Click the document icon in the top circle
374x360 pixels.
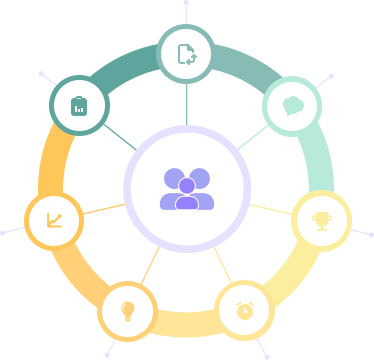[x=187, y=53]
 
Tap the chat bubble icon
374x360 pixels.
[x=292, y=105]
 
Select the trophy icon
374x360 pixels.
[x=321, y=220]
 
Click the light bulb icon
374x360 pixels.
[x=127, y=309]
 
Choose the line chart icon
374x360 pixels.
[x=53, y=220]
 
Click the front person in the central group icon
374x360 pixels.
[x=187, y=194]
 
